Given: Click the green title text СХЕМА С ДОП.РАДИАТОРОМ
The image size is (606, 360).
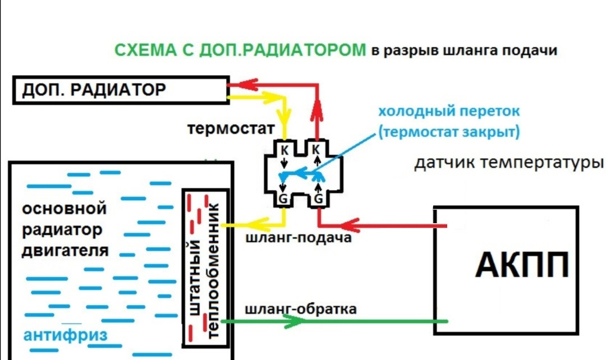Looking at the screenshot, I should point(240,50).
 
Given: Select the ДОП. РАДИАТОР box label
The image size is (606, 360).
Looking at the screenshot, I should point(94,90).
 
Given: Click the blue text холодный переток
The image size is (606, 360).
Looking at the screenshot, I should point(448,110).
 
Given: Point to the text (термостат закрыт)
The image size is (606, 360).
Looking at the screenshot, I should point(449,132).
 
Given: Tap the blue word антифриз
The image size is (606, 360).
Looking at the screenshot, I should point(65,336).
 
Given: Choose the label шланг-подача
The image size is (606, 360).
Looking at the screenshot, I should point(299,238).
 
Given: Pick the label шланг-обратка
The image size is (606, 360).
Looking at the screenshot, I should point(301,309).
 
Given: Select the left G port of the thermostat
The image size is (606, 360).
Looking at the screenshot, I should point(284,199).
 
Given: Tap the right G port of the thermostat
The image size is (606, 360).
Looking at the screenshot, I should point(318,199).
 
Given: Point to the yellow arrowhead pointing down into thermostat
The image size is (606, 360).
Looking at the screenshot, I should point(285,121).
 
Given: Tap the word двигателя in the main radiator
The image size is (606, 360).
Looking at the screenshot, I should point(65,250).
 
